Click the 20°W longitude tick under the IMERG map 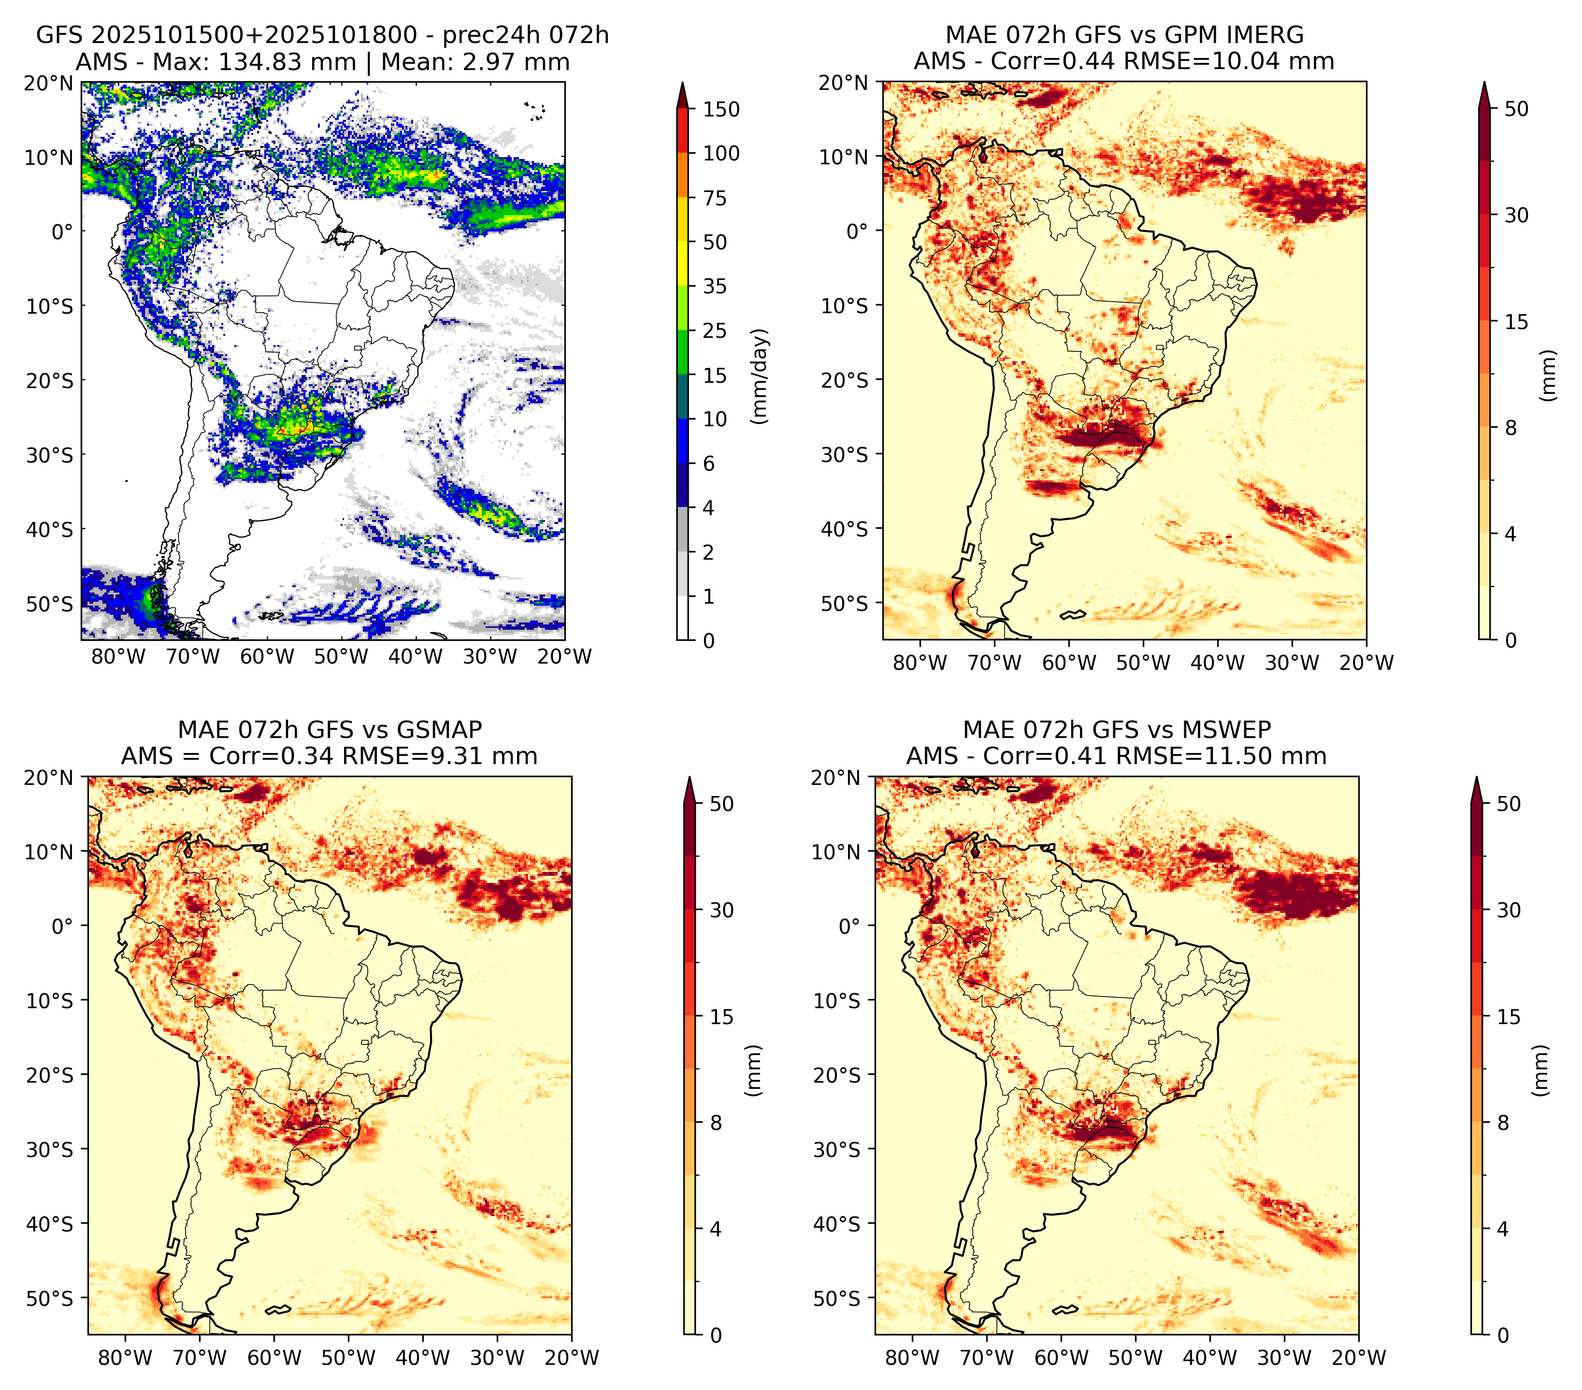click(1366, 663)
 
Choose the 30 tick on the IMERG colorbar click(1517, 215)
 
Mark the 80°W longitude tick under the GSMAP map click(125, 1358)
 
